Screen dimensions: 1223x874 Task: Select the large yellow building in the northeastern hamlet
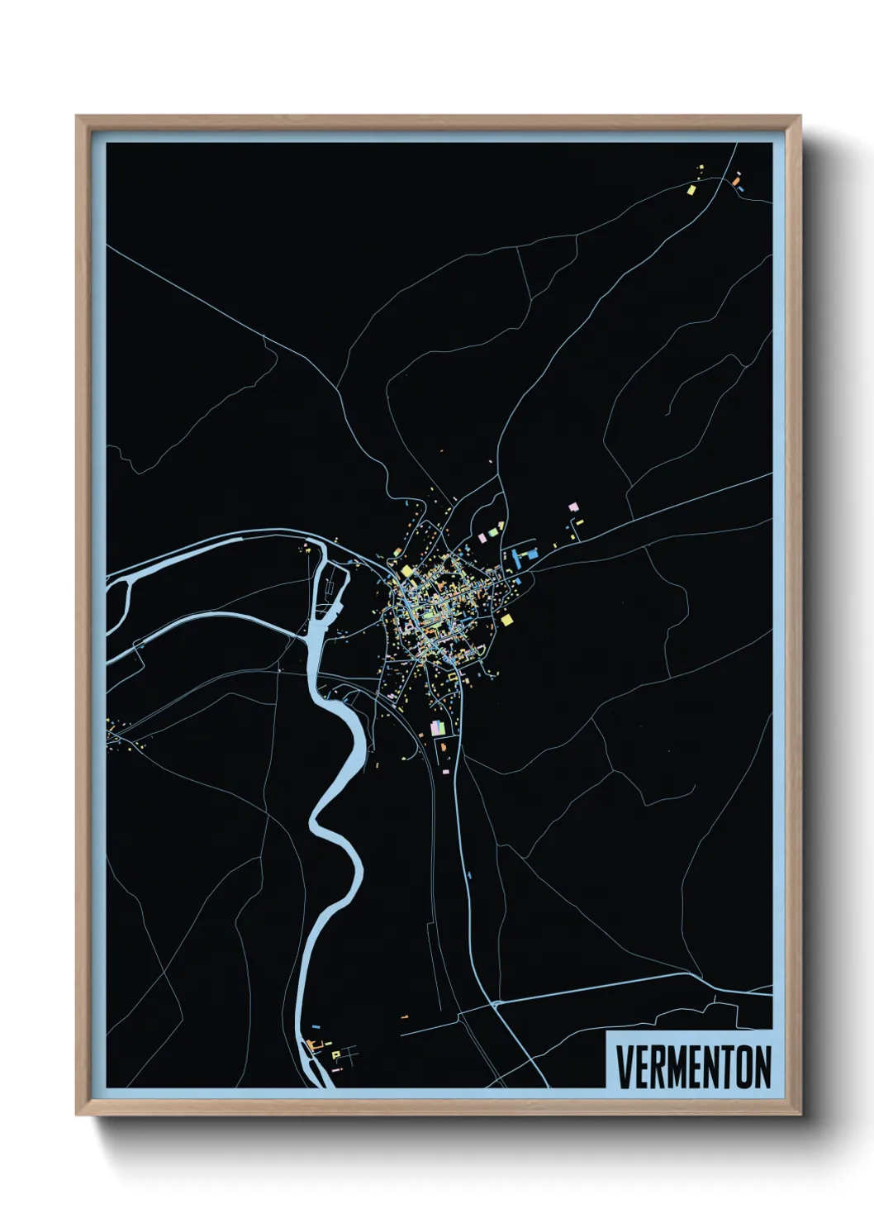(x=691, y=189)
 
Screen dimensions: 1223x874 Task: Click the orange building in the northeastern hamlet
(x=734, y=179)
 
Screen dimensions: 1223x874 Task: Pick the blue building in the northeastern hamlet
(x=741, y=189)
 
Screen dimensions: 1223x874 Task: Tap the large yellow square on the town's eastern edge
(x=506, y=619)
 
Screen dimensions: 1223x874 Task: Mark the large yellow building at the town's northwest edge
(x=406, y=570)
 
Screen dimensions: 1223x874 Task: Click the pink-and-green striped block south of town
(x=437, y=728)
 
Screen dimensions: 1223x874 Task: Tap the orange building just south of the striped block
(x=444, y=746)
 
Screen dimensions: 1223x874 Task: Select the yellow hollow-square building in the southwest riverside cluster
(x=335, y=1054)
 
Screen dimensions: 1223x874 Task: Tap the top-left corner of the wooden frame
(x=78, y=117)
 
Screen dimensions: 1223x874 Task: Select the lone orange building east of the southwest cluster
(x=405, y=1016)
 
